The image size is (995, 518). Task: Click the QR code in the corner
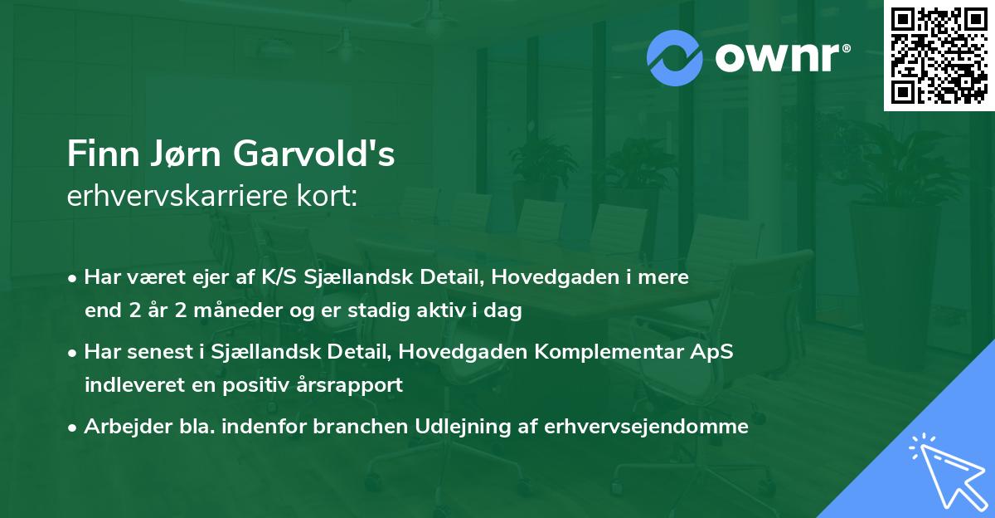(x=939, y=56)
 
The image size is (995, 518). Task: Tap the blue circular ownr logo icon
(x=675, y=57)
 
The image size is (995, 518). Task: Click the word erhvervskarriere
(x=177, y=197)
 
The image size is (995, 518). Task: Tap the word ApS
(x=711, y=352)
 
